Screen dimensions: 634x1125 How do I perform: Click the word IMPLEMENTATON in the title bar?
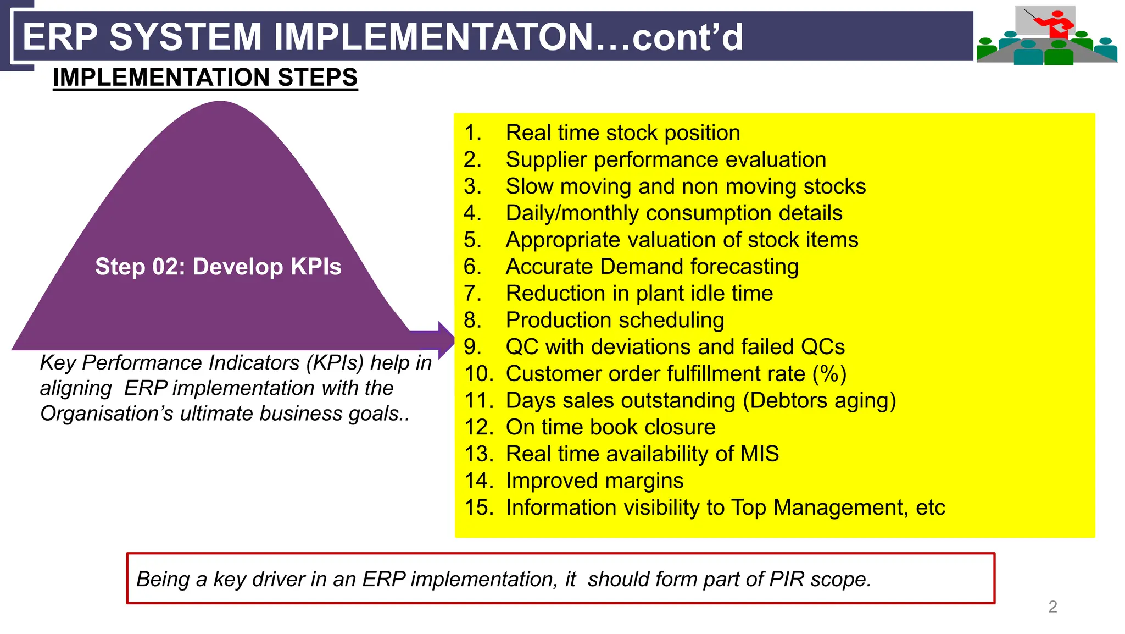click(x=433, y=37)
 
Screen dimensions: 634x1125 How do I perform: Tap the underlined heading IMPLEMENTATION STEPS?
click(x=205, y=78)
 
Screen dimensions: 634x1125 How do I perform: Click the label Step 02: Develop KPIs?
click(x=218, y=267)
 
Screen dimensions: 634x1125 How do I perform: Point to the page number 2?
click(x=1052, y=607)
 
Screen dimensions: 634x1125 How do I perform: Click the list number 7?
click(x=472, y=294)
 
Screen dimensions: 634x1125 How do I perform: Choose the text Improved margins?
click(x=594, y=481)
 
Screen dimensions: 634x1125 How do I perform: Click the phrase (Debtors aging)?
click(x=819, y=401)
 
